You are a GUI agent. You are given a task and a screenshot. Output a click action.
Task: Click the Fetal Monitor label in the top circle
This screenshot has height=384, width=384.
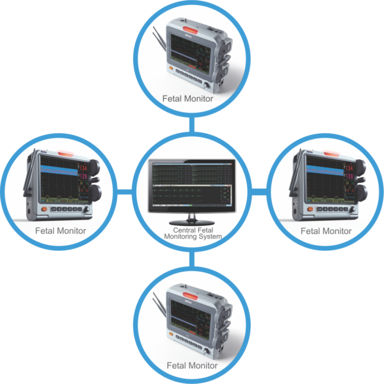tap(192, 99)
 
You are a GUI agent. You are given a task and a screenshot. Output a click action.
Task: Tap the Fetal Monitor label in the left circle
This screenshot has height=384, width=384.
tap(61, 230)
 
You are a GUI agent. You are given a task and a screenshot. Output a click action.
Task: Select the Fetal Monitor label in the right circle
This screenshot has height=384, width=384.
tap(326, 230)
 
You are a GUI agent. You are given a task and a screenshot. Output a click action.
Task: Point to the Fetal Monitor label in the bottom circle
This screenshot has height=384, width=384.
tap(192, 365)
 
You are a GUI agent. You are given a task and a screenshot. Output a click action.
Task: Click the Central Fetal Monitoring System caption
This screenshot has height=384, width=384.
tap(193, 234)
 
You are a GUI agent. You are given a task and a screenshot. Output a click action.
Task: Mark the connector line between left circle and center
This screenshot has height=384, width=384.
tap(125, 191)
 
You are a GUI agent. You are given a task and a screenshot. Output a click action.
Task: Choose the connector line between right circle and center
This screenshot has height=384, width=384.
tap(259, 191)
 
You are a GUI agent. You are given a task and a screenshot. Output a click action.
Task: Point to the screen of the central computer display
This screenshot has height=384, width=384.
tap(192, 186)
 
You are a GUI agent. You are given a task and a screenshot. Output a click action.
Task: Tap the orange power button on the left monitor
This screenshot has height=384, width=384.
tap(44, 209)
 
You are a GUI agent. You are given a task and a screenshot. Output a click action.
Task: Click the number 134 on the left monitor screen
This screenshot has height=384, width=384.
tap(83, 168)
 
